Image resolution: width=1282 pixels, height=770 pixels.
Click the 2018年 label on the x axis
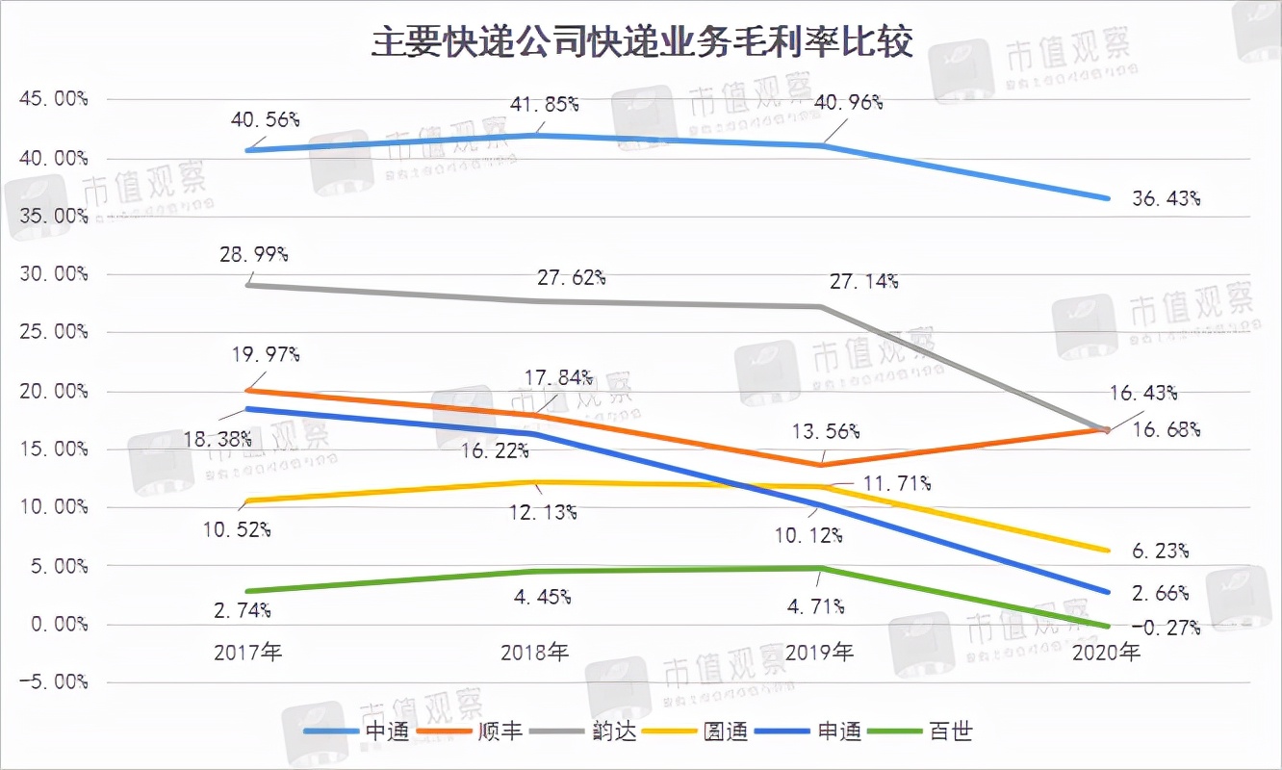point(535,653)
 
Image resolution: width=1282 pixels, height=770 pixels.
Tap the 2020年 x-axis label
point(1107,653)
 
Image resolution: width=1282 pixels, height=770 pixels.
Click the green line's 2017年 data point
point(249,591)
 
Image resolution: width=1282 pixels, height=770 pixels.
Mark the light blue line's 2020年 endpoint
point(1108,198)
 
